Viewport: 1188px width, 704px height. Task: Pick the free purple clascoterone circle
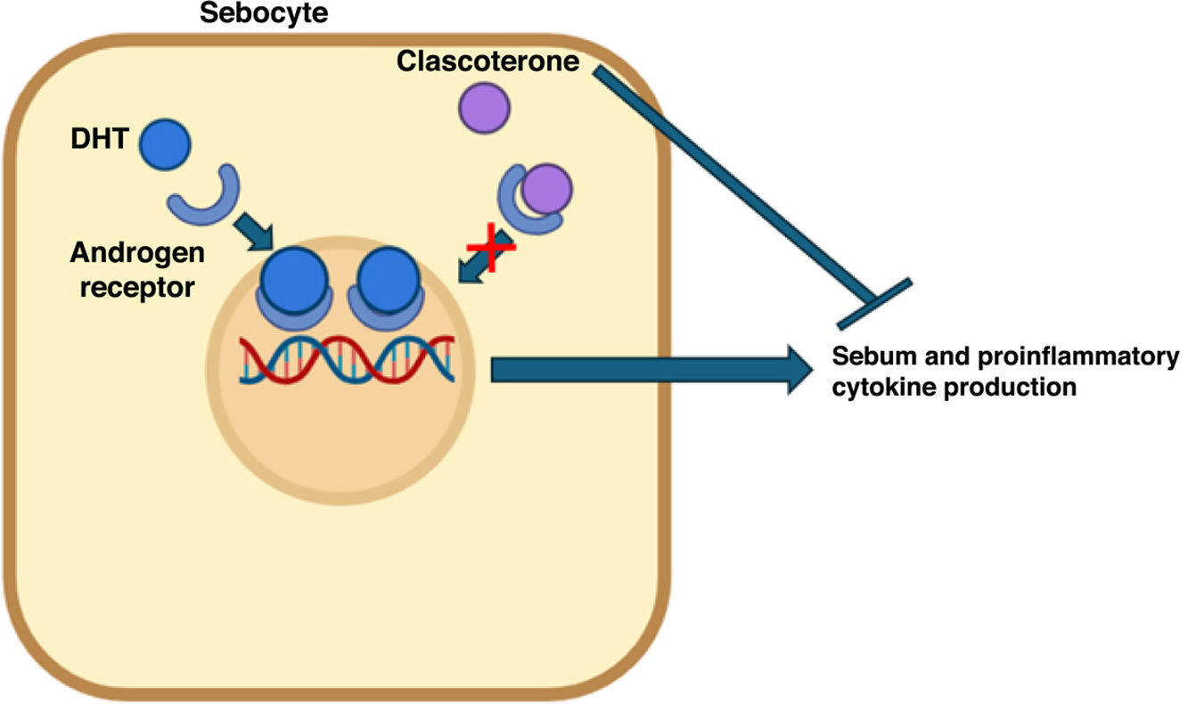483,107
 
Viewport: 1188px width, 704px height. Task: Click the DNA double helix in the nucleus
348,361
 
